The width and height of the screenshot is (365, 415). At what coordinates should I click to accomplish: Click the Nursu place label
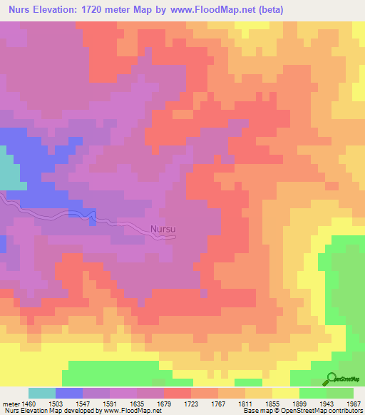point(163,230)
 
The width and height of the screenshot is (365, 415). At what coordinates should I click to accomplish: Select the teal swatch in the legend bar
point(42,393)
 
